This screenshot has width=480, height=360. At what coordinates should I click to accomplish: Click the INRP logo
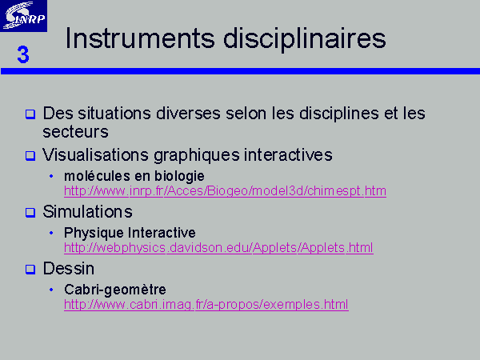pos(23,16)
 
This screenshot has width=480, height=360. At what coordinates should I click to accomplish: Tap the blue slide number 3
pos(23,54)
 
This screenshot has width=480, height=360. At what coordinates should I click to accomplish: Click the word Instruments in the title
pos(140,38)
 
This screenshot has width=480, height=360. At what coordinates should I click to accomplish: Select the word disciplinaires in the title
pos(305,39)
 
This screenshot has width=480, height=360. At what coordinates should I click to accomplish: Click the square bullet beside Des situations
pos(30,114)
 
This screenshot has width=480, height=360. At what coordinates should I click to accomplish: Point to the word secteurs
pos(76,132)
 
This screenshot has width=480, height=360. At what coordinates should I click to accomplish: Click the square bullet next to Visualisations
pos(30,155)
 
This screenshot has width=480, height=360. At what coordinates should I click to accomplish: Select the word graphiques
pos(197,155)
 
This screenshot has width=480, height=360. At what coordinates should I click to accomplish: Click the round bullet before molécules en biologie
pos(51,176)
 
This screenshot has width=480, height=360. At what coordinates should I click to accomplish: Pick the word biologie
pos(179,177)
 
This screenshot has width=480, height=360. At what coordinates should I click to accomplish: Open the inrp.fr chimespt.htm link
pos(225,191)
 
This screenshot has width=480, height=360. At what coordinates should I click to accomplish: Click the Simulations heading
pos(87,211)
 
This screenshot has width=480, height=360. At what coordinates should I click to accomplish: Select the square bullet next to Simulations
pos(30,213)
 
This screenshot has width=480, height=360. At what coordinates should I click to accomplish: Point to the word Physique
pos(94,234)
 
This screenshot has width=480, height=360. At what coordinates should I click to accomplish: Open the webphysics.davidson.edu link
pos(218,248)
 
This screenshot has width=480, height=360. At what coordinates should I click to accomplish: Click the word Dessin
pos(69,269)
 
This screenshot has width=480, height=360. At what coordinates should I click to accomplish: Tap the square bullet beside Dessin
pos(30,270)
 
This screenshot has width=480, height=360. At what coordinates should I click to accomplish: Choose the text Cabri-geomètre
pos(115,290)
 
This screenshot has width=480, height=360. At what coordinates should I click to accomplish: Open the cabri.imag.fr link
pos(206,305)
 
